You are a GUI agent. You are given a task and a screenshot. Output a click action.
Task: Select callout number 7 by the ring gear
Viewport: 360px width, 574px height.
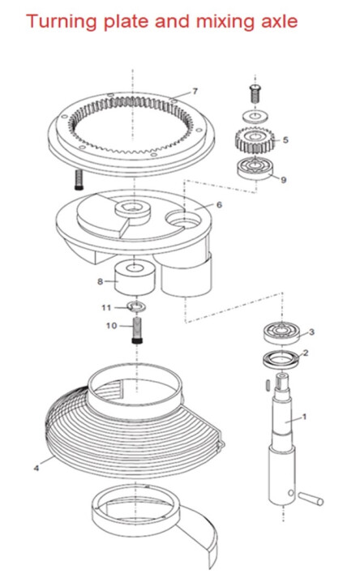click(x=195, y=91)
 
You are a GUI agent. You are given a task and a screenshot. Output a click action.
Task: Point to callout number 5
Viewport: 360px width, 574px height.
click(x=285, y=139)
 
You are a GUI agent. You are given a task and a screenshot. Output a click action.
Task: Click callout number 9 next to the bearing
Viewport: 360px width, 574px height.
click(x=283, y=180)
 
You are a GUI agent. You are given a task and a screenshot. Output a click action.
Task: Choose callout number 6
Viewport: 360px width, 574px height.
click(x=218, y=205)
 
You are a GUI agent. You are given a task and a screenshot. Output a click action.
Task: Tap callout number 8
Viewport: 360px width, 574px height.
click(x=100, y=282)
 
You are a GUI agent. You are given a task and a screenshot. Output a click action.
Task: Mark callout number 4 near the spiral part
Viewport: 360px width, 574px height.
click(x=36, y=467)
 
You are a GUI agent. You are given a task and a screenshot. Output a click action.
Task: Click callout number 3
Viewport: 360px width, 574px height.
click(x=311, y=332)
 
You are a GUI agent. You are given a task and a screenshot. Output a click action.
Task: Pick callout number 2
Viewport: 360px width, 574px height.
click(x=305, y=353)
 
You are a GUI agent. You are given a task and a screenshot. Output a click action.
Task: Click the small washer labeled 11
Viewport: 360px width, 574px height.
click(x=136, y=307)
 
